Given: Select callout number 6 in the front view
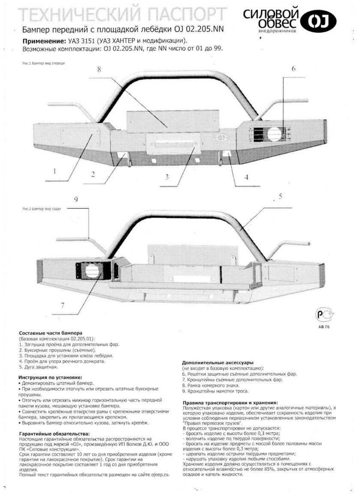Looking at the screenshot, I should pos(294,69).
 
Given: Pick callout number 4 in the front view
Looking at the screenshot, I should pos(246,177).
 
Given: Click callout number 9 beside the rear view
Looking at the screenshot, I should pos(76,199).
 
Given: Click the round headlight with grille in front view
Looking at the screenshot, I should pos(274,133).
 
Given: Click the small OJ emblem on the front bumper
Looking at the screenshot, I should pos(222,138).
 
